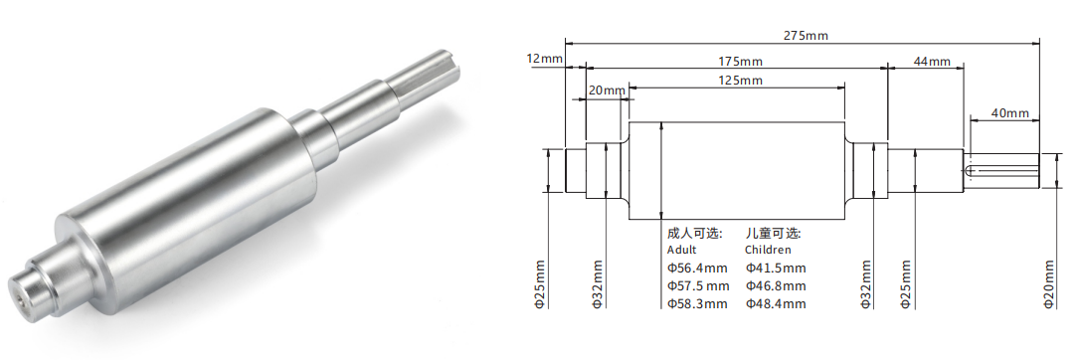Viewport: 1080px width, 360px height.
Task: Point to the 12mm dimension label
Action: click(x=543, y=58)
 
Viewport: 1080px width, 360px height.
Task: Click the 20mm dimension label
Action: click(x=607, y=90)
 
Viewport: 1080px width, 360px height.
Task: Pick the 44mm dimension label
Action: click(x=932, y=62)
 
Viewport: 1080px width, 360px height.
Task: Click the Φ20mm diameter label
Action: click(x=1049, y=284)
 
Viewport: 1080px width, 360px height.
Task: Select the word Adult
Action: click(x=682, y=250)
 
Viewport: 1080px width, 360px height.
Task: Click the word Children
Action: click(x=768, y=250)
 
